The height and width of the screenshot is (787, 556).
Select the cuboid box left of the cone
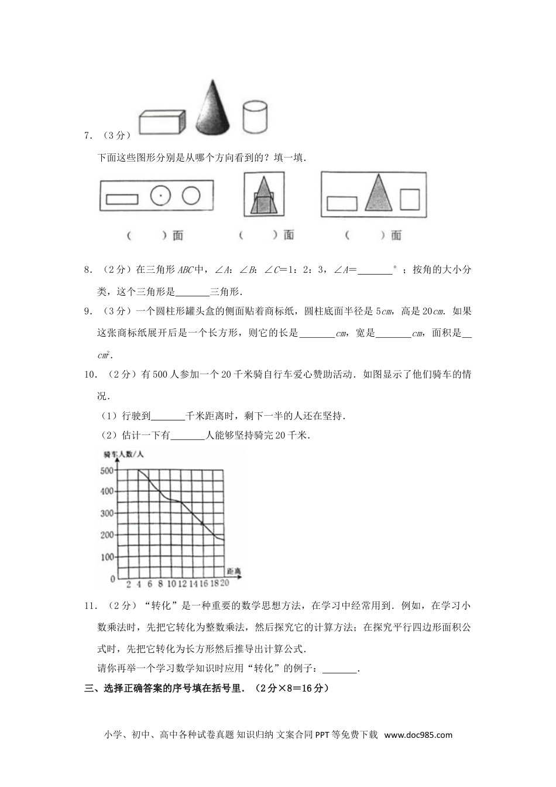(x=162, y=123)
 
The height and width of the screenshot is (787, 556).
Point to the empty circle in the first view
(x=191, y=196)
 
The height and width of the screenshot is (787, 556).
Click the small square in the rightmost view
(x=410, y=199)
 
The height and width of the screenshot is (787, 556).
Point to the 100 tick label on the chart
(x=107, y=557)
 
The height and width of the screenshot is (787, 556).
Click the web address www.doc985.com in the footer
(x=418, y=735)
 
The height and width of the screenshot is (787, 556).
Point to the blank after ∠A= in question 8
(x=374, y=271)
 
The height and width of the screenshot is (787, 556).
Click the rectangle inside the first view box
(x=122, y=199)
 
